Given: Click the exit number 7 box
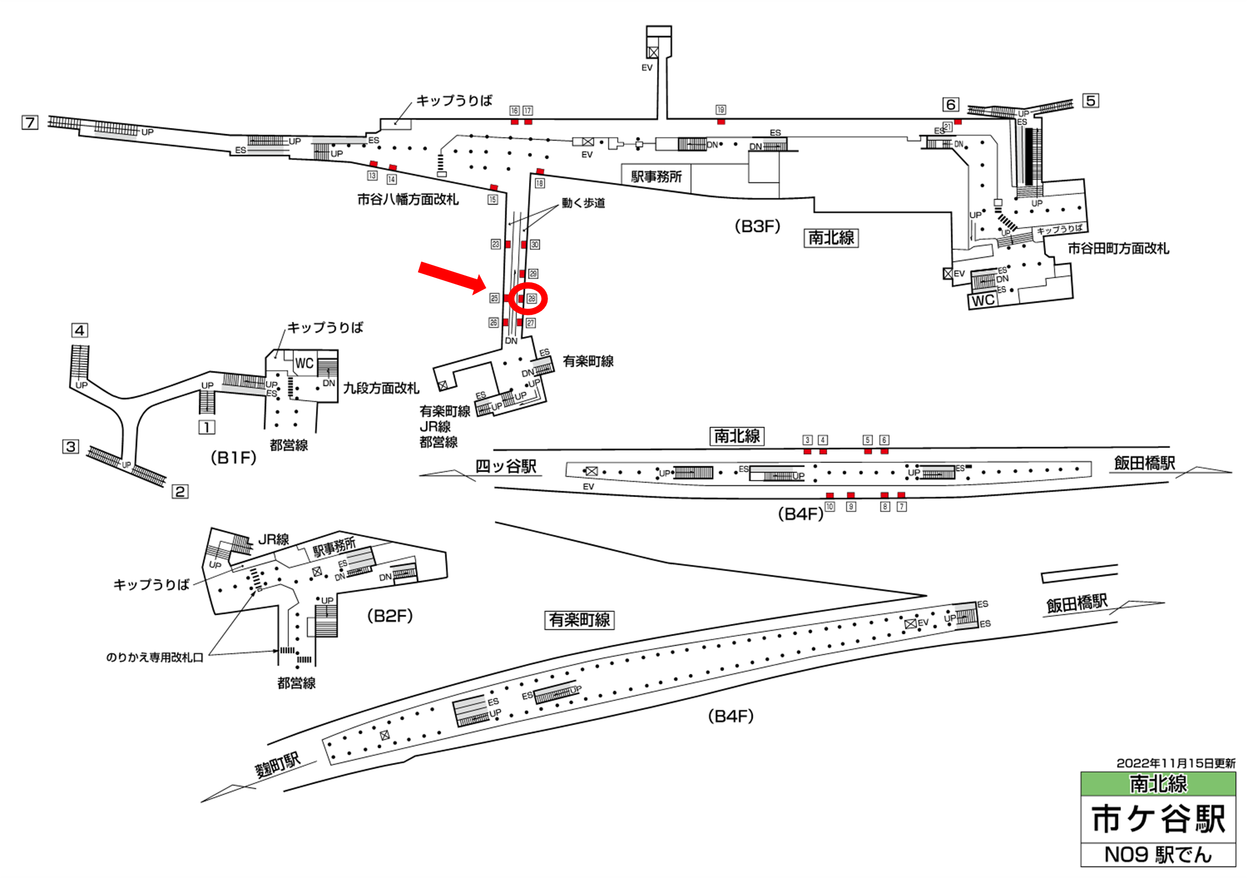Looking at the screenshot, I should point(30,123).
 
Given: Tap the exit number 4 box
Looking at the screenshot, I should point(80,330).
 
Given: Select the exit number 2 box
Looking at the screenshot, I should point(180,491).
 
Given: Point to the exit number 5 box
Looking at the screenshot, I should point(1090,101).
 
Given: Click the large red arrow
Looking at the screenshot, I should point(452,277).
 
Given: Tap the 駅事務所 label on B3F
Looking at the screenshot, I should point(656,177).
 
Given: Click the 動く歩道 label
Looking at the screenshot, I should point(583,203).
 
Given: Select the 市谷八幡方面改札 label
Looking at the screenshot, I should point(407,199).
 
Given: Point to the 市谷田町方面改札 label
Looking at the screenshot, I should point(1118,248).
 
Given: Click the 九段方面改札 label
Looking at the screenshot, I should point(381,388).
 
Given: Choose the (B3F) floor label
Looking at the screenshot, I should point(757,226).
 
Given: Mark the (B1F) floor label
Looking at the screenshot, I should point(233,458).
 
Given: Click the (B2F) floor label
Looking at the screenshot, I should point(390,616).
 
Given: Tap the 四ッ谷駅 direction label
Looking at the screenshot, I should point(505,467).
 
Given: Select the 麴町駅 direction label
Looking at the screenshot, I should point(277,765).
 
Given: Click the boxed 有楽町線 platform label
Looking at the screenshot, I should point(580,620).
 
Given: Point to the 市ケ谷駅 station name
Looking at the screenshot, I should point(1159,819).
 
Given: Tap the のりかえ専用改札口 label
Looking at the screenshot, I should point(155,658).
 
